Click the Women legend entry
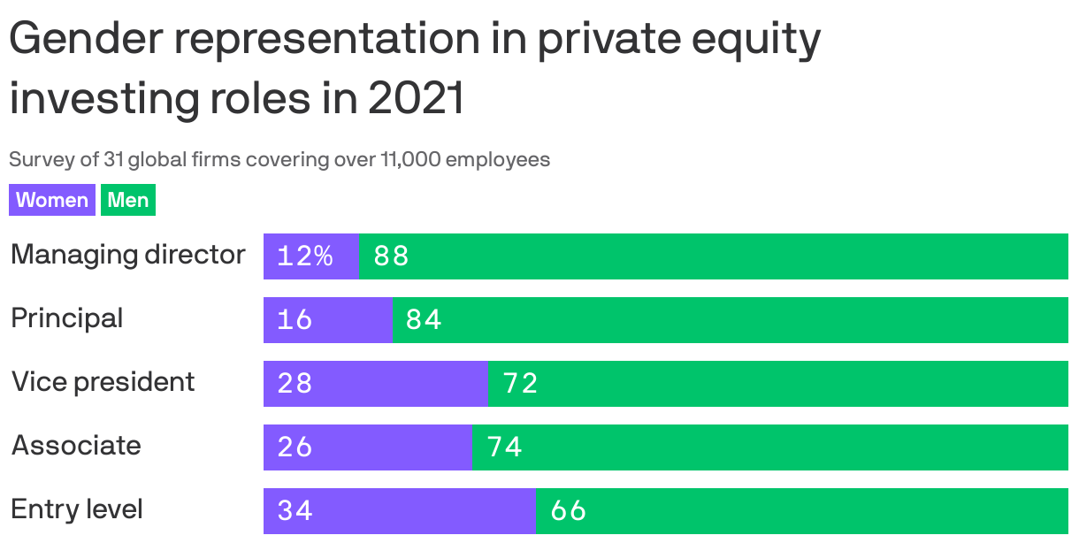coord(52,200)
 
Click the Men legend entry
coord(128,200)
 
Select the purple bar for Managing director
coord(311,256)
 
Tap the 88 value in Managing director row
coord(391,256)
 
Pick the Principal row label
coord(67,318)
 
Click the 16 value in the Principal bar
coord(295,320)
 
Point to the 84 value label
coord(424,320)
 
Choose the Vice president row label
coord(103,382)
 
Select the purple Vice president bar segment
coord(375,384)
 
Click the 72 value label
coord(520,384)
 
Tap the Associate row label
coord(76,446)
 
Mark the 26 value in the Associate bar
coord(295,447)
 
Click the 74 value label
coord(504,447)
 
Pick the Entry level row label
coord(77,509)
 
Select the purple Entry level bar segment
coord(400,511)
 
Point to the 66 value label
coord(568,511)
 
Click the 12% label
coord(304,256)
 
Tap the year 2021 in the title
coord(416,99)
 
